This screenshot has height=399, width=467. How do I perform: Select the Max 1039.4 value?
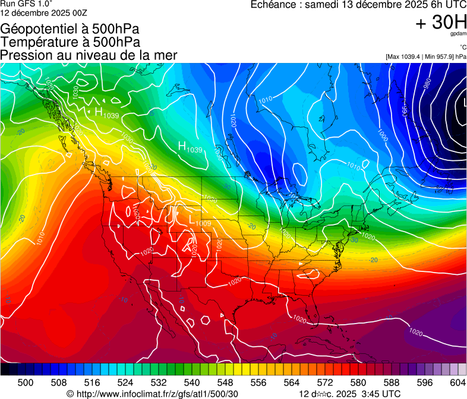pos(406,56)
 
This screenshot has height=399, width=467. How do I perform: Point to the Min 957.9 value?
pos(440,56)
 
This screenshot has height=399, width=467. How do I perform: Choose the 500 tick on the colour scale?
pos(26,382)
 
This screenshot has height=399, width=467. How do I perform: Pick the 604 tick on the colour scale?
pos(457,382)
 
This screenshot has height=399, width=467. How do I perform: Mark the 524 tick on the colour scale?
pos(125,382)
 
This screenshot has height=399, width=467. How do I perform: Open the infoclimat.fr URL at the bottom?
pos(157,394)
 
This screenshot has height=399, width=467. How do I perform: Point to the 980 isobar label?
pos(427,85)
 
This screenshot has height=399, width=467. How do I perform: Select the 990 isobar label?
pos(405,110)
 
